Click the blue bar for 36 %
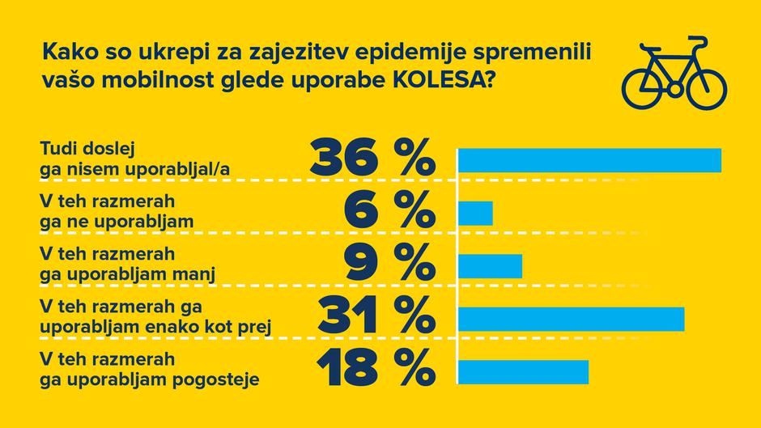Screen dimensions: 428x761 pos(589,160)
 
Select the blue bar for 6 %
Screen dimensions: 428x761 pos(475,213)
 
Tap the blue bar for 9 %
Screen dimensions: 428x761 pos(490,265)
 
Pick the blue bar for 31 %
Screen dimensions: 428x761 pos(571,319)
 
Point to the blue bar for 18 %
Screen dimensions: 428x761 pos(523,371)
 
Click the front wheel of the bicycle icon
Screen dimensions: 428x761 pos(703,85)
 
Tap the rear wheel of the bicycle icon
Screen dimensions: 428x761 pos(645,85)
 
